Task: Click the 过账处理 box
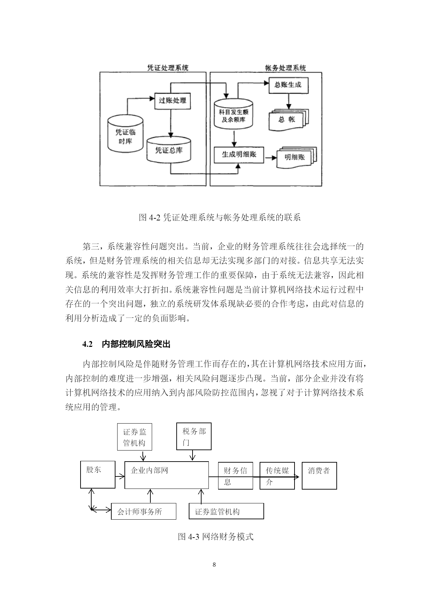172,101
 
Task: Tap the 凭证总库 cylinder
169,149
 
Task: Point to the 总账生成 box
288,85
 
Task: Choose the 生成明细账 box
239,154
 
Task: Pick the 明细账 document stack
297,157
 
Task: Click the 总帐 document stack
288,120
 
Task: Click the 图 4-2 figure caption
220,217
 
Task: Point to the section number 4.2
88,344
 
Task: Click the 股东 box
98,474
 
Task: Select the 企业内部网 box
167,475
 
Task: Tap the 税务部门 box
194,436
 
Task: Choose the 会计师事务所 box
143,511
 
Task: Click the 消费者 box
319,476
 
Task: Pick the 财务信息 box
235,476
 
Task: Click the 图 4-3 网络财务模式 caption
216,537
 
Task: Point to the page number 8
214,565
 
